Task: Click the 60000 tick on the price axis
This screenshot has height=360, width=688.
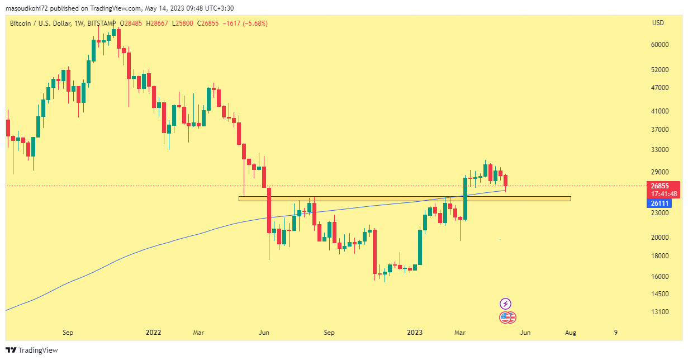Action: coord(661,45)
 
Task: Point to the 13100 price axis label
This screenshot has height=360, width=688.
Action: coord(661,311)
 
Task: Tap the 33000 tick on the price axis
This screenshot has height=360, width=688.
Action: coord(661,150)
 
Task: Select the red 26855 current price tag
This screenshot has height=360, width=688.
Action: coord(660,186)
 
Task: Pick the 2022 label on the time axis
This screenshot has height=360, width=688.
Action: coord(153,333)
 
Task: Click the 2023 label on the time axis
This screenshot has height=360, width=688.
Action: coord(415,333)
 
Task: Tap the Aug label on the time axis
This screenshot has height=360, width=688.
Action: coord(570,333)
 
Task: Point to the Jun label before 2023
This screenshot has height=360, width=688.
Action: coord(264,333)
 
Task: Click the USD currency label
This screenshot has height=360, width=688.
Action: coord(658,23)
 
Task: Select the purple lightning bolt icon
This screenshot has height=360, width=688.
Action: coord(505,304)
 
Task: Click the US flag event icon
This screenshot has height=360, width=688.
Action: coord(506,318)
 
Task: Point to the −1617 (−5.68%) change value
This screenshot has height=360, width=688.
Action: coord(245,23)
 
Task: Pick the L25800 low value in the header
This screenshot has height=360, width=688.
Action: coord(184,23)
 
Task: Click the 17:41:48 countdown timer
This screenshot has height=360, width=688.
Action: coord(664,194)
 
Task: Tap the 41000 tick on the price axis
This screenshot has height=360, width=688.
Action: coord(661,111)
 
